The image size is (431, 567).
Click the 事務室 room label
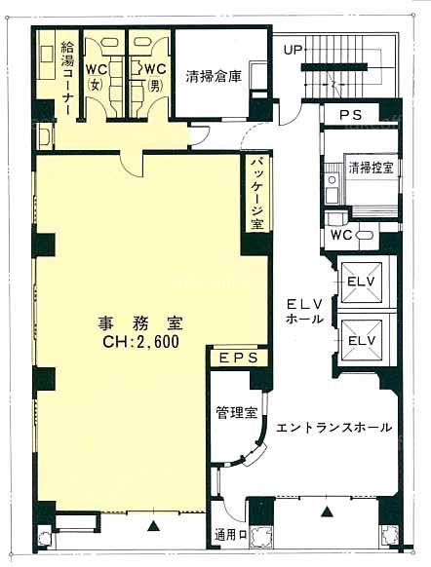tap(140, 322)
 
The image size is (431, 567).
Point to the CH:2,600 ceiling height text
tap(141, 341)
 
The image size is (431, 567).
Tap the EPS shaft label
tap(239, 358)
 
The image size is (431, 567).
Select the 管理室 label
tap(237, 413)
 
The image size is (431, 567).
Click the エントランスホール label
tap(333, 428)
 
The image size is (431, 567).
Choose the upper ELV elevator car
tap(361, 282)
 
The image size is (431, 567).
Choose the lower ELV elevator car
tap(361, 341)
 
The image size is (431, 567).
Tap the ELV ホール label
tap(304, 312)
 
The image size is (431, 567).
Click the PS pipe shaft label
tap(351, 115)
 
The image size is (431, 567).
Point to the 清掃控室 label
tap(372, 169)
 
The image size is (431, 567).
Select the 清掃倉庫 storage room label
tap(214, 77)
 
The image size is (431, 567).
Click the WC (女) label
tap(96, 77)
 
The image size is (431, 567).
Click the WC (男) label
tap(156, 77)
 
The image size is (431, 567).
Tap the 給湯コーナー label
tap(67, 79)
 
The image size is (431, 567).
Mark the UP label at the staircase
tap(293, 50)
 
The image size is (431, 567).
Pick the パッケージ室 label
tap(257, 194)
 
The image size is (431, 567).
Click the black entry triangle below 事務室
tap(154, 525)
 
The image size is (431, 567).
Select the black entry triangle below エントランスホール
tap(327, 511)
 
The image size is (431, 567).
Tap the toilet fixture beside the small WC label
tap(364, 235)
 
